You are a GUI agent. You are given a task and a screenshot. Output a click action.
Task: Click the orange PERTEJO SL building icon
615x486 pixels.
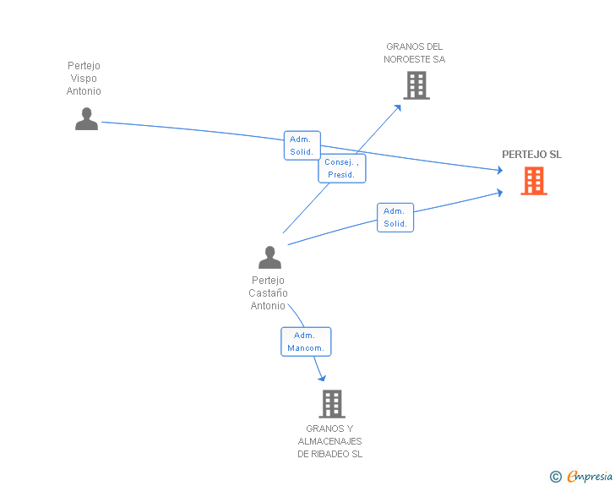[534, 181]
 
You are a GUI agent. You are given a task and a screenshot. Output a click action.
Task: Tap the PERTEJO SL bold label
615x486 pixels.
[532, 155]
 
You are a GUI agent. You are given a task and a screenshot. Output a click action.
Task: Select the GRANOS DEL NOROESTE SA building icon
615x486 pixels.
[416, 85]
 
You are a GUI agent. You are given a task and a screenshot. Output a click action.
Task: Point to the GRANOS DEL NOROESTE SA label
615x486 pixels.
[415, 53]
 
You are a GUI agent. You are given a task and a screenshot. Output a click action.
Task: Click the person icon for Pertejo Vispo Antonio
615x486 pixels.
[87, 118]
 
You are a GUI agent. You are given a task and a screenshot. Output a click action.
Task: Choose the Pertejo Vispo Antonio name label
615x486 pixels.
[84, 78]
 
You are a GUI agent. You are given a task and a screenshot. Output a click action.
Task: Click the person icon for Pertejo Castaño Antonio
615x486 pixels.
[269, 257]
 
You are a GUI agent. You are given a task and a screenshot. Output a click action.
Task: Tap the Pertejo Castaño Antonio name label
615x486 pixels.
[269, 292]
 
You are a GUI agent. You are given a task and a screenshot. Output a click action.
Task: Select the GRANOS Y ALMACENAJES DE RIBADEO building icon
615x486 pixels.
[332, 403]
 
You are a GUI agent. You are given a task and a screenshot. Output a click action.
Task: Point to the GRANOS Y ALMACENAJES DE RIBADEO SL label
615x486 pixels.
[329, 441]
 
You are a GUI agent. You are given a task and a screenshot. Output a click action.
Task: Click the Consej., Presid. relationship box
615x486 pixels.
[342, 168]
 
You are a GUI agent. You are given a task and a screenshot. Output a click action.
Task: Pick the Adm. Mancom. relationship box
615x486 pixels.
[306, 341]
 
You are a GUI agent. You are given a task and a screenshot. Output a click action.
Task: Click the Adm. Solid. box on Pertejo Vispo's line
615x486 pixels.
[302, 145]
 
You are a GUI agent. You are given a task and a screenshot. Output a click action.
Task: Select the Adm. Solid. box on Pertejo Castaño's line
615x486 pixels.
[395, 217]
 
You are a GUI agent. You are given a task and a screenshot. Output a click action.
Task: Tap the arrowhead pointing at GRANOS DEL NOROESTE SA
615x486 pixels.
[398, 108]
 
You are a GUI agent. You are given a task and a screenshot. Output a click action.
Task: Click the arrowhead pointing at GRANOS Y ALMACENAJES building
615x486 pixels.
[322, 378]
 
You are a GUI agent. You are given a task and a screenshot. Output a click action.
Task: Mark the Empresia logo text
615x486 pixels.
[590, 476]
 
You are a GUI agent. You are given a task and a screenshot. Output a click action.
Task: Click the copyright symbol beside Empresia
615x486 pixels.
[556, 477]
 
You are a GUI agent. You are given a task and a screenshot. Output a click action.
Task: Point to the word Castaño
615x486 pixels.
[269, 292]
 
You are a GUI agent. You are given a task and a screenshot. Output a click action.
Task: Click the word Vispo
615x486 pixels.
[84, 78]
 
